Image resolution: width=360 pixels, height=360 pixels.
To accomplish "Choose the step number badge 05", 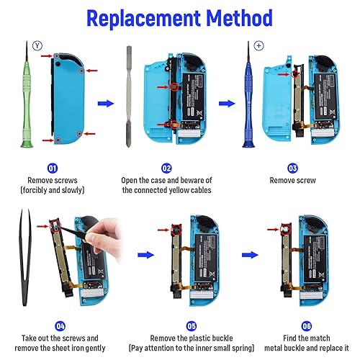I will [167, 324].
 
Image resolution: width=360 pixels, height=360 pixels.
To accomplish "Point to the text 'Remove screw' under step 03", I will [293, 180].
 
